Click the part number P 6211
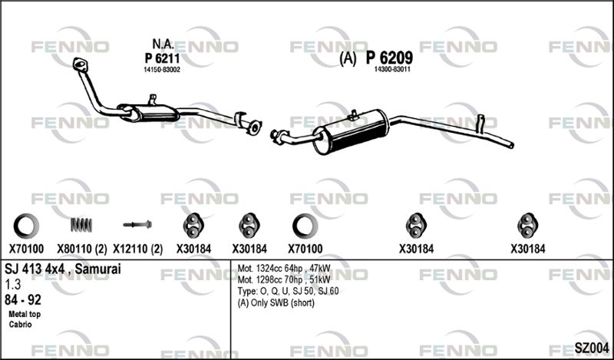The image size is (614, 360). [162, 58]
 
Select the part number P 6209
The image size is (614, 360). [389, 58]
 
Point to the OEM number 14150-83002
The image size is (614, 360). [162, 70]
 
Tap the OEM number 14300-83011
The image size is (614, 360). [392, 70]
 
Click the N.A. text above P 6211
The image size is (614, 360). [163, 45]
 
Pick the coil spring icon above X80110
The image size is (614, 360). [81, 224]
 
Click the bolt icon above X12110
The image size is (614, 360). [137, 224]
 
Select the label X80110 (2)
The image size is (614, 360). [82, 249]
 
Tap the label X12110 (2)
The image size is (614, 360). [138, 249]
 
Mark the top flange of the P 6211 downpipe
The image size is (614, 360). [81, 64]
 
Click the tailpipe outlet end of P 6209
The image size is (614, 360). [511, 145]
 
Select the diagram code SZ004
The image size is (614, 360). [591, 348]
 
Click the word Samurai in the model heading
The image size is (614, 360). [98, 269]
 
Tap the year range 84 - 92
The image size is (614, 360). [23, 300]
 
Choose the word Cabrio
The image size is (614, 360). [21, 325]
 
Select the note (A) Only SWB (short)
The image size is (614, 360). [276, 302]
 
